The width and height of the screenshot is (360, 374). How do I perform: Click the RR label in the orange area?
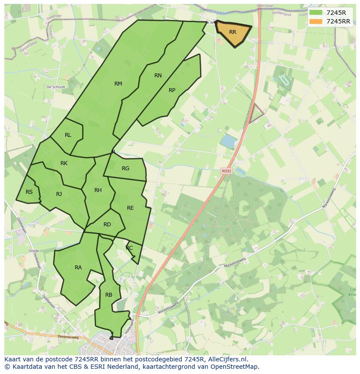(x=233, y=32)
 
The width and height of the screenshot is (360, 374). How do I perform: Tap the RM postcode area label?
(x=118, y=84)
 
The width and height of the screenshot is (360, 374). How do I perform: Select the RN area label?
(x=158, y=76)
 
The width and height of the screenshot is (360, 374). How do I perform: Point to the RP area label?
(x=172, y=90)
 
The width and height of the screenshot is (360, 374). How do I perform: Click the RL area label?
(x=68, y=135)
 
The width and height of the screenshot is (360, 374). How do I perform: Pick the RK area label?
(x=64, y=163)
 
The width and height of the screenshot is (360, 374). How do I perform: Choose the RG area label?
(x=126, y=169)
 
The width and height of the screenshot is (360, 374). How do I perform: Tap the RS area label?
(x=29, y=192)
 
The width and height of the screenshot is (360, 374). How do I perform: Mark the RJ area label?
(x=59, y=194)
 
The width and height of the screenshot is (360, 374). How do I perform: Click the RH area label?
(x=98, y=190)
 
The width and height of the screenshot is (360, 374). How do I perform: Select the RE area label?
(x=130, y=208)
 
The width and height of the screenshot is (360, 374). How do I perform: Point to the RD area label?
(x=107, y=225)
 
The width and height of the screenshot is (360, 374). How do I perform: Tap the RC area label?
(x=129, y=248)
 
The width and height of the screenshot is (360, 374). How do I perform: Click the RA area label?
(x=78, y=268)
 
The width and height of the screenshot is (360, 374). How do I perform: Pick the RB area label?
(x=109, y=295)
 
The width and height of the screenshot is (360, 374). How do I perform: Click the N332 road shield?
(x=226, y=171)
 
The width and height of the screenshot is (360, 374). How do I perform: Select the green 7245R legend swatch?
(x=316, y=13)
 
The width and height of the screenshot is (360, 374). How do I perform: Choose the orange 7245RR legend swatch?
(x=316, y=21)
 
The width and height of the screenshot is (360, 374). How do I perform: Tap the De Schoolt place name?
(x=56, y=87)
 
